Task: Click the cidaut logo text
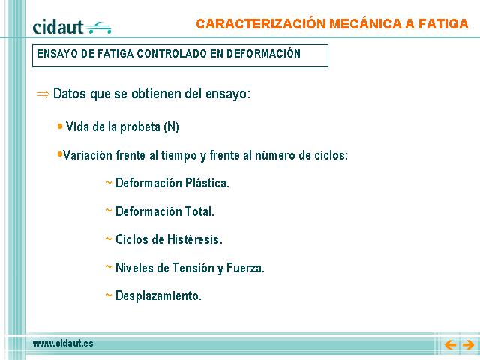click(58, 27)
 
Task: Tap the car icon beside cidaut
click(98, 28)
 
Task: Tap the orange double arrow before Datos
click(43, 94)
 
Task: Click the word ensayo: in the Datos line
click(228, 94)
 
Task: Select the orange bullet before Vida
click(60, 126)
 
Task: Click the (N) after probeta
click(172, 127)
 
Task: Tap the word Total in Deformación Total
click(199, 211)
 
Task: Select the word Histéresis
click(195, 239)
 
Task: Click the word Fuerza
click(245, 268)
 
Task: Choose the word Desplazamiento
click(158, 295)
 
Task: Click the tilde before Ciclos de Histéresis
click(109, 238)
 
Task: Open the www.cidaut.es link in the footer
click(63, 343)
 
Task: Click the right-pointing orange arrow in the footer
click(468, 345)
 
